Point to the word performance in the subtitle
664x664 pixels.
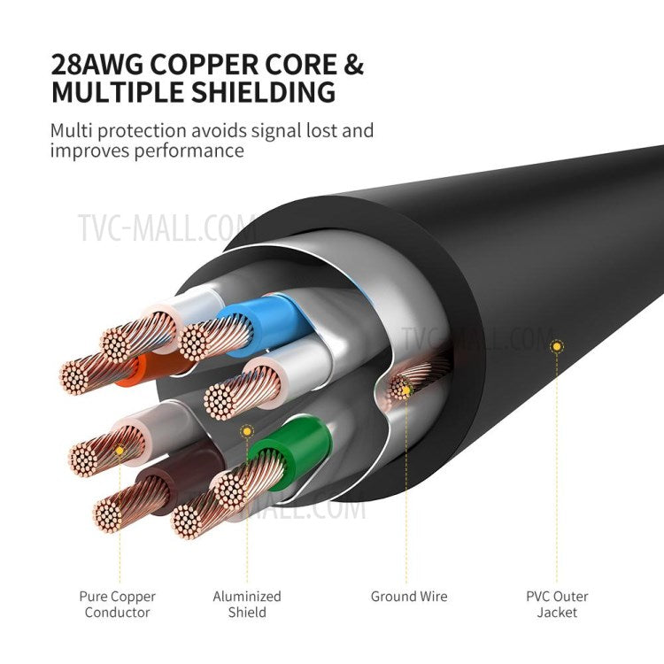point(187,151)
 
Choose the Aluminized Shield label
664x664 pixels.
point(247,604)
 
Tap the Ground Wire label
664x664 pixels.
point(409,597)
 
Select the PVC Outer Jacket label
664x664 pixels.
point(557,604)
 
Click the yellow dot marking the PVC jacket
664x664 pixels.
point(556,346)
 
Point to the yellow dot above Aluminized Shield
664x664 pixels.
point(249,431)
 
